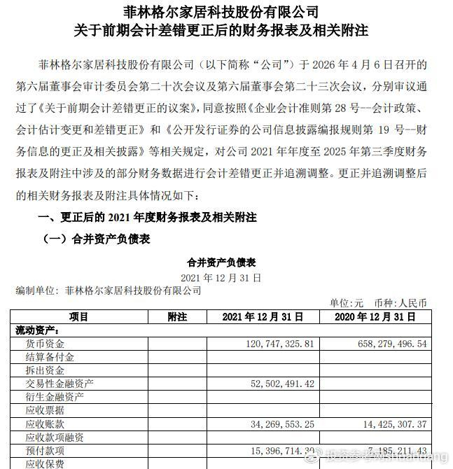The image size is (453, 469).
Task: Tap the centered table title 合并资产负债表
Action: click(221, 262)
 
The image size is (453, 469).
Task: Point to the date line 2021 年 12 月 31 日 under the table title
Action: click(221, 277)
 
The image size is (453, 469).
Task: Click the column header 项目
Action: click(79, 317)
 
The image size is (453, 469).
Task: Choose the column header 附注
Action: click(178, 317)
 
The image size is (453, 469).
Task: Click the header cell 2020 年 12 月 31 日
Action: click(382, 317)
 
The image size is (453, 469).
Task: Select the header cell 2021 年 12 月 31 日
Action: click(263, 317)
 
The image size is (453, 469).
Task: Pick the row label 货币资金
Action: click(45, 344)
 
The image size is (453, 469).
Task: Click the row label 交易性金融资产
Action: click(60, 384)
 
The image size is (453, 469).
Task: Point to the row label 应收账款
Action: click(45, 423)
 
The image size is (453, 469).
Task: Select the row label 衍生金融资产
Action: click(55, 397)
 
